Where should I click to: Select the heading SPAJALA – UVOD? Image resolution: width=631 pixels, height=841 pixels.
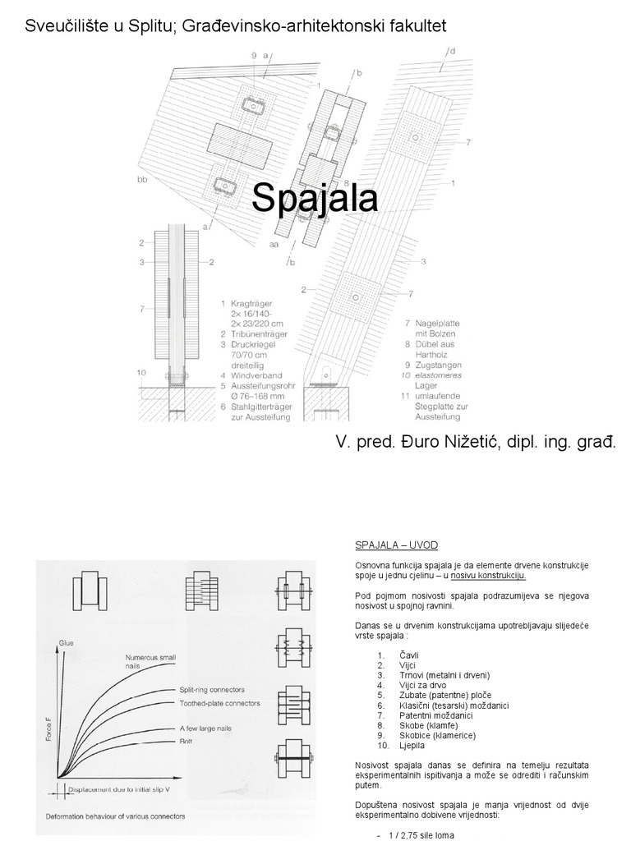pos(396,545)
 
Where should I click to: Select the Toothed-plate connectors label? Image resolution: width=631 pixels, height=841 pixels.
pos(219,703)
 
